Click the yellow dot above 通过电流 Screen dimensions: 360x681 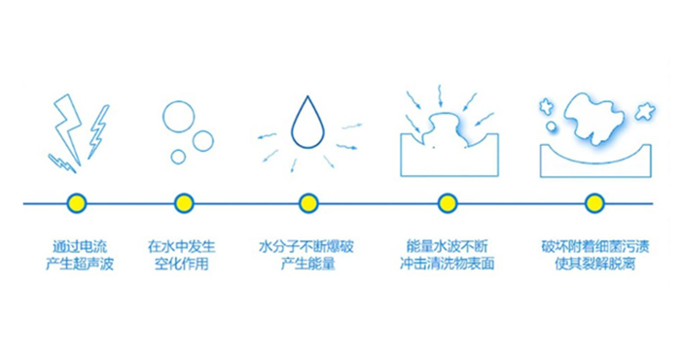pyautogui.click(x=77, y=203)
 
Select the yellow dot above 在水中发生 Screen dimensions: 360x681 pyautogui.click(x=184, y=203)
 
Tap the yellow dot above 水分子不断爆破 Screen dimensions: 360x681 pyautogui.click(x=308, y=203)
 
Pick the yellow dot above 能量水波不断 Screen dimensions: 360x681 pyautogui.click(x=448, y=203)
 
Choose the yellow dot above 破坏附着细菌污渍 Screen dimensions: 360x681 pyautogui.click(x=594, y=203)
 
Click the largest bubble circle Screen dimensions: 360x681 pyautogui.click(x=179, y=117)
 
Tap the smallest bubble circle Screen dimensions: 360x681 pyautogui.click(x=178, y=157)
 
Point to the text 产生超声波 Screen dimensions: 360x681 pyautogui.click(x=79, y=265)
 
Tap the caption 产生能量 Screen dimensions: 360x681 pyautogui.click(x=307, y=265)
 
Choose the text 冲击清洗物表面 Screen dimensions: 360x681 pyautogui.click(x=448, y=265)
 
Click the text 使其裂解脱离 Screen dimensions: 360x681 pyautogui.click(x=594, y=265)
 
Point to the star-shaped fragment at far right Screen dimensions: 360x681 pyautogui.click(x=644, y=111)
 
